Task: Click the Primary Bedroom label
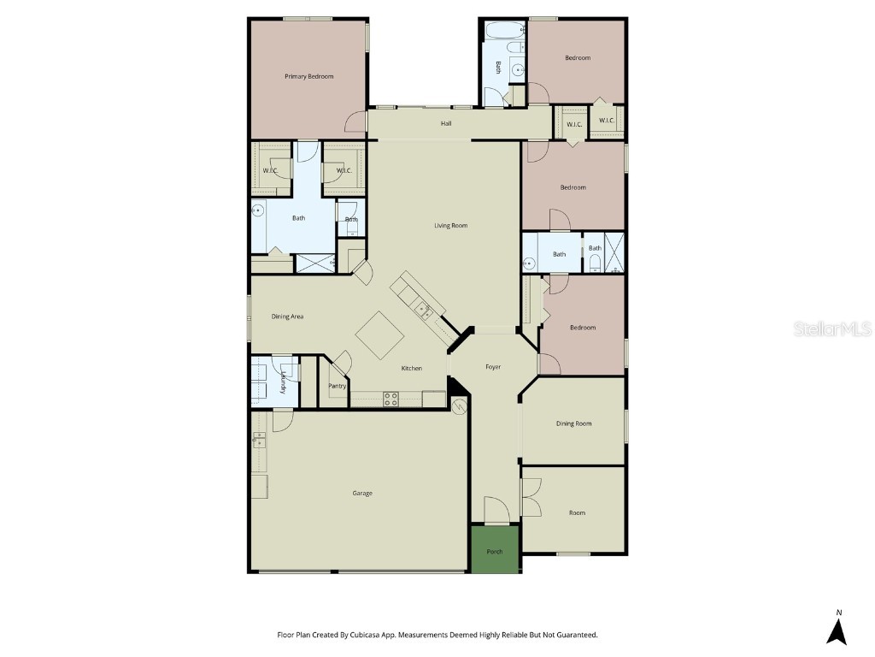(x=308, y=76)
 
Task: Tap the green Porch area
(x=495, y=551)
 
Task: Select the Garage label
(x=362, y=493)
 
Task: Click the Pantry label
(x=338, y=386)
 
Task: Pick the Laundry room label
(x=283, y=382)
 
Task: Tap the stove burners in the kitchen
(x=391, y=398)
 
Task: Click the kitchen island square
(x=379, y=334)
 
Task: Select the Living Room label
(x=450, y=226)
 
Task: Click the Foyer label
(x=493, y=367)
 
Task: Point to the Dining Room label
(x=573, y=423)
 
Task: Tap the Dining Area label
(x=287, y=317)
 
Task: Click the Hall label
(x=446, y=124)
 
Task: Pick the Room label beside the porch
(x=577, y=512)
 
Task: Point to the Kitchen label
(x=412, y=368)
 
